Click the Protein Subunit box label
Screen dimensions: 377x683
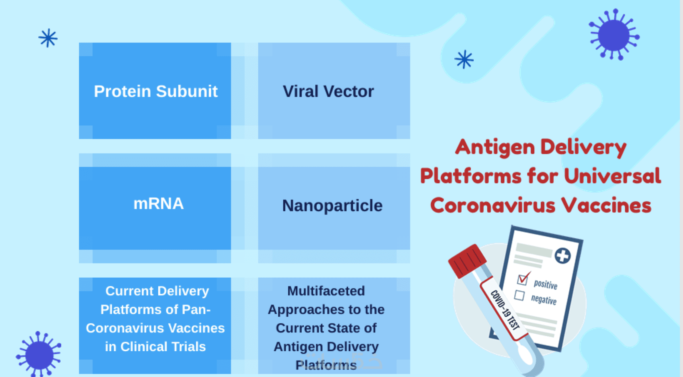155,91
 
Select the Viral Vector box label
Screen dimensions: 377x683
328,91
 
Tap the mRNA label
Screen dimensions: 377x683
158,203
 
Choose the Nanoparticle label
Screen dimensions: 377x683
332,205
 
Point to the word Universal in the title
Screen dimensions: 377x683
612,176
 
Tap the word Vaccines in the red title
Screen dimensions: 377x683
606,205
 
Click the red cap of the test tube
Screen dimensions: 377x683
467,260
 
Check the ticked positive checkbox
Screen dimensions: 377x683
523,279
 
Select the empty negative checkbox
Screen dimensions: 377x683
519,295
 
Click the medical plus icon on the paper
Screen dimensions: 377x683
562,256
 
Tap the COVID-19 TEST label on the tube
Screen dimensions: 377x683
505,310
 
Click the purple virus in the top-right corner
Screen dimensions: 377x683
613,35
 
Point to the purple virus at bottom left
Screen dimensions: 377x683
39,354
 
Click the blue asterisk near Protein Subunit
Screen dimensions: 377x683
48,38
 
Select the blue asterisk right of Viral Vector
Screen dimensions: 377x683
464,59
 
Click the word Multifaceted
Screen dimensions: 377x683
326,291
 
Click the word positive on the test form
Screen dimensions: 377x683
545,284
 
